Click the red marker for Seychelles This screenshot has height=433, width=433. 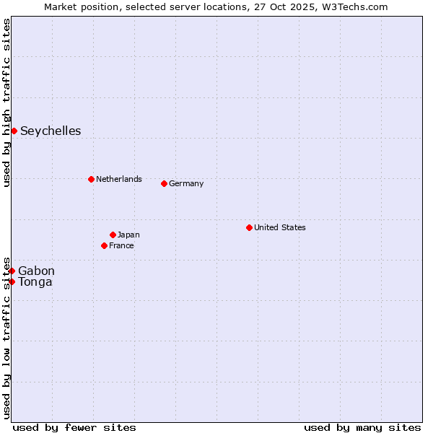pyautogui.click(x=14, y=131)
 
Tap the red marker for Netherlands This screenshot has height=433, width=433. pyautogui.click(x=91, y=179)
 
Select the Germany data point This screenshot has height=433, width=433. pyautogui.click(x=164, y=183)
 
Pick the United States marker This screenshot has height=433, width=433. pyautogui.click(x=249, y=227)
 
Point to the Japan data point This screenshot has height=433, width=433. pyautogui.click(x=113, y=235)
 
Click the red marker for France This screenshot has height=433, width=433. pyautogui.click(x=104, y=245)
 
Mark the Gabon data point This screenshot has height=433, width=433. pyautogui.click(x=12, y=271)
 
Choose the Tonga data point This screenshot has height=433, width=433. pyautogui.click(x=12, y=281)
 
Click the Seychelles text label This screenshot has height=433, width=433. pyautogui.click(x=51, y=131)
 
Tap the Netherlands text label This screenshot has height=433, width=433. pyautogui.click(x=118, y=179)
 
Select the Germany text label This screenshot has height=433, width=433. pyautogui.click(x=186, y=183)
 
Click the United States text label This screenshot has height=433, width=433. pyautogui.click(x=279, y=227)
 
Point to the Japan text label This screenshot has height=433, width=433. pyautogui.click(x=128, y=235)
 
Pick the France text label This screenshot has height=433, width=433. pyautogui.click(x=121, y=245)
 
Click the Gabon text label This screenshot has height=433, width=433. pyautogui.click(x=36, y=271)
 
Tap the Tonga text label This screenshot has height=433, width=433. pyautogui.click(x=35, y=281)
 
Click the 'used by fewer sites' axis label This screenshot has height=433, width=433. pyautogui.click(x=74, y=427)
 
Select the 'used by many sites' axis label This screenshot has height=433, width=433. pyautogui.click(x=362, y=427)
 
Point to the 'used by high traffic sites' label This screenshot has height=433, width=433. pyautogui.click(x=6, y=102)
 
